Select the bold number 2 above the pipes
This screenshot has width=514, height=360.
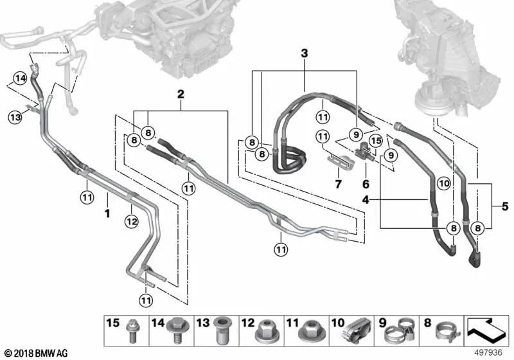pyautogui.click(x=181, y=94)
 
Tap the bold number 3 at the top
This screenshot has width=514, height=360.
pyautogui.click(x=305, y=53)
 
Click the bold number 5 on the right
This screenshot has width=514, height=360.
pyautogui.click(x=504, y=206)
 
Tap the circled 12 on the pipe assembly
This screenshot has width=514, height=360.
pyautogui.click(x=131, y=222)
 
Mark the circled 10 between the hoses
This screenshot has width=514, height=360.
pyautogui.click(x=443, y=184)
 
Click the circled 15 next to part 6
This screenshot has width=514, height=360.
pyautogui.click(x=376, y=140)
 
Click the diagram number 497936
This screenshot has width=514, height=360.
pyautogui.click(x=490, y=353)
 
